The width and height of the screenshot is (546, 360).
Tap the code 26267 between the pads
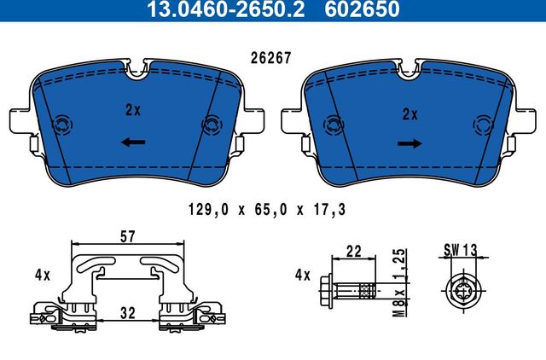[270, 60]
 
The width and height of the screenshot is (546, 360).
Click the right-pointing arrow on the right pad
[410, 144]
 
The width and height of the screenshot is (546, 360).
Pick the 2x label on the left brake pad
[132, 111]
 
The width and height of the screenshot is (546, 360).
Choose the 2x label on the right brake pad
[410, 113]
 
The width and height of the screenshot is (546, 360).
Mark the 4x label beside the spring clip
[43, 276]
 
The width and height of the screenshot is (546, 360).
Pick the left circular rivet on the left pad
[61, 126]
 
